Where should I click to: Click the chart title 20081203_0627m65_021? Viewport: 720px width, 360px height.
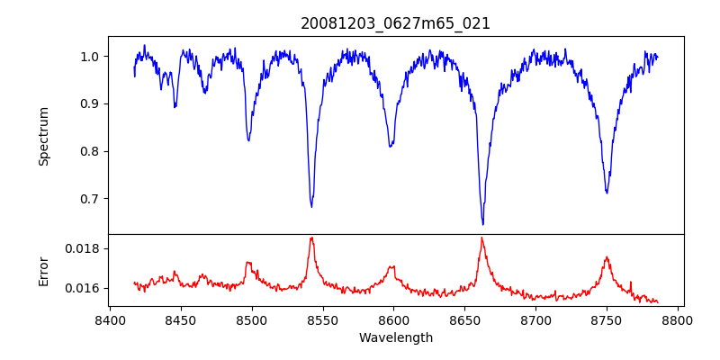coord(396,23)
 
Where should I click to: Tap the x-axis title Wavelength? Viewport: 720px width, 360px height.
coord(396,337)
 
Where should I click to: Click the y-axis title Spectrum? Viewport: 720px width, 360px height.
coord(43,136)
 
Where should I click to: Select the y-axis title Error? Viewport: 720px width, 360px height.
coord(43,270)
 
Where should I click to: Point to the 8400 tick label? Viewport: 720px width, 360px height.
coord(109,319)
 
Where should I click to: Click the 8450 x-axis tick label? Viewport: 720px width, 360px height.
coord(180,319)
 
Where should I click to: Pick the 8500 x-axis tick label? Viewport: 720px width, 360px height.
coord(251,319)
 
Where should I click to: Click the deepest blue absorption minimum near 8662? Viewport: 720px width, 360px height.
coord(482,224)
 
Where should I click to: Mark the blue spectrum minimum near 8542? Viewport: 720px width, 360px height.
coord(311,207)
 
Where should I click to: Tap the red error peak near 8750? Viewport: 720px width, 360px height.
coord(607,257)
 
